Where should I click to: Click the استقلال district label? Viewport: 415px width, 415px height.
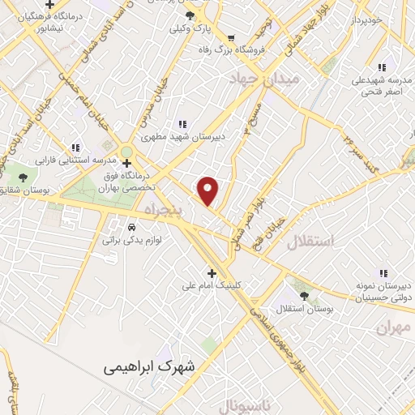310,241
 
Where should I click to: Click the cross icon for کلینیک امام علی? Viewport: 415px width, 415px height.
212,273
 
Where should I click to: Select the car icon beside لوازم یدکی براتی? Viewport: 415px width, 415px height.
131,226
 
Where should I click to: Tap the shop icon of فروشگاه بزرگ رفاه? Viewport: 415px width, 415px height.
231,37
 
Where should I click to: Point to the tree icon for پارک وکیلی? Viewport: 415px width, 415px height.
190,15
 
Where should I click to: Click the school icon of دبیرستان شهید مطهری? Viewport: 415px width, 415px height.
182,124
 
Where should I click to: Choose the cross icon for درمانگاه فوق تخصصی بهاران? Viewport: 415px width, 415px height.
126,162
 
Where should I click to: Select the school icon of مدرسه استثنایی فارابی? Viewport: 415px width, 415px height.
75,148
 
